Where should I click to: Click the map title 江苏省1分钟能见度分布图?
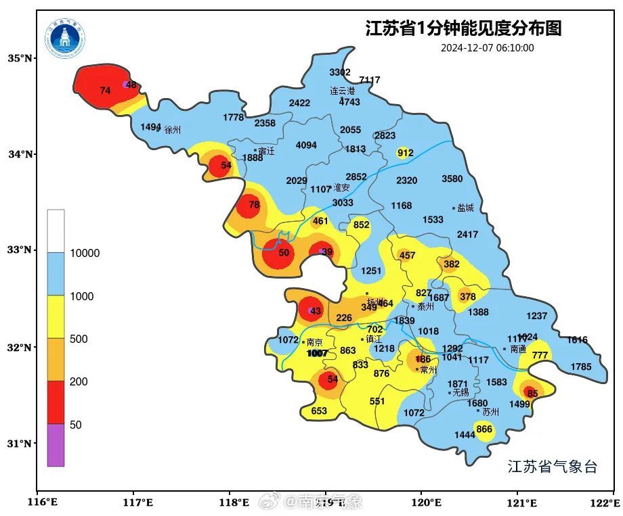pos(463,28)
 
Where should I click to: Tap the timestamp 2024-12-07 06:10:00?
pos(487,48)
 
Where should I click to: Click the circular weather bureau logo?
pos(66,39)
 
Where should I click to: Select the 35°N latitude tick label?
pos(20,58)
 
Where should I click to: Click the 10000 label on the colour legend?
pos(85,254)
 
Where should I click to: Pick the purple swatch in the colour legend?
pos(56,444)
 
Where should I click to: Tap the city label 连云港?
pos(343,91)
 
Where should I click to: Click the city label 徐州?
pos(173,130)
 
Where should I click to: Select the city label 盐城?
pos(465,208)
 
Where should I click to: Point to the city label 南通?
pos(518,350)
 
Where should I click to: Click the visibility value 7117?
pos(370,80)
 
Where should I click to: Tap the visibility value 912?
pos(405,153)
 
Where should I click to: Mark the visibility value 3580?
pos(452,179)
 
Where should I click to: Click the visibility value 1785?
pos(580,367)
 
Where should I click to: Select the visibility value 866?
pos(484,429)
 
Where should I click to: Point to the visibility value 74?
pos(105,91)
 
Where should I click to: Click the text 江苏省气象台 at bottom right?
pos(552,467)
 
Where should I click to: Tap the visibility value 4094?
pos(306,145)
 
